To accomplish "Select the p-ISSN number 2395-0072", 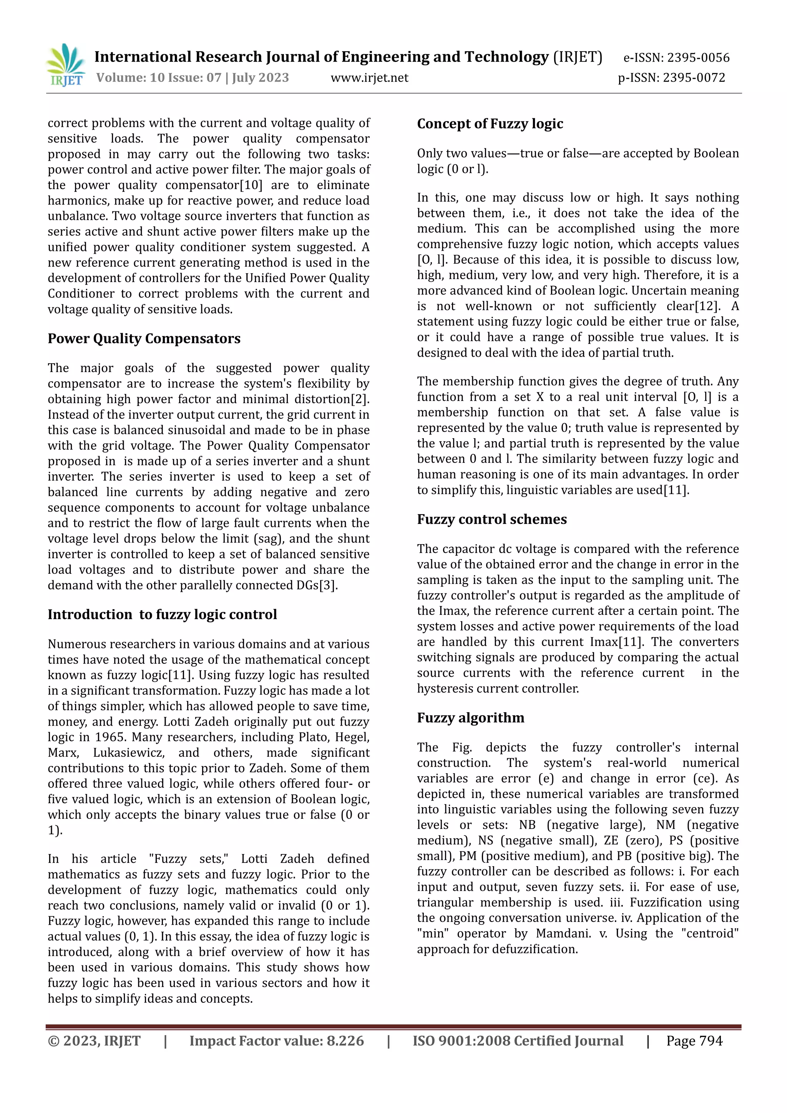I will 694,78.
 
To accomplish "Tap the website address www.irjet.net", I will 369,78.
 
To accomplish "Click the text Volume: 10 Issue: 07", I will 158,78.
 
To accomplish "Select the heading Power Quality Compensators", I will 144,338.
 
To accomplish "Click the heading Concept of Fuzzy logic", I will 490,124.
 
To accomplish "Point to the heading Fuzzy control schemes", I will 492,519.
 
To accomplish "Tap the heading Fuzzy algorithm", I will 471,718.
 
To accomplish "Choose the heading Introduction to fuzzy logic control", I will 162,614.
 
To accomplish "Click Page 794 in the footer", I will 694,1040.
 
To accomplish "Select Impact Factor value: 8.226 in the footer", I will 276,1040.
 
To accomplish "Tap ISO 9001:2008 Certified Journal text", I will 518,1040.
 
